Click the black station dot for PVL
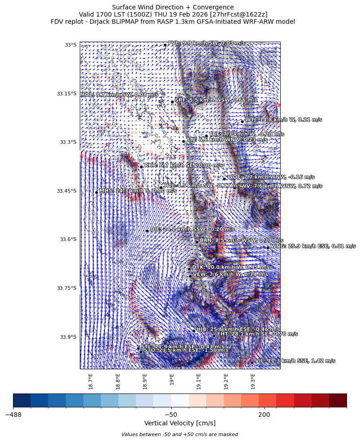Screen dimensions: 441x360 tap(165, 45)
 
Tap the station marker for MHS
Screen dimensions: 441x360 tap(96, 192)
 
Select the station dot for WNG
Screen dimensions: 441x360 tap(268, 247)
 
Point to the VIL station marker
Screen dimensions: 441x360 tap(252, 363)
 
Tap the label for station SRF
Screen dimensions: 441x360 tap(216, 100)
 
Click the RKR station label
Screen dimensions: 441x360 tap(183, 165)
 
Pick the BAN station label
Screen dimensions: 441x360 tap(241, 240)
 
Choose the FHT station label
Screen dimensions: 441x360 tap(257, 334)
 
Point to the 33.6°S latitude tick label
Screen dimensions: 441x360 tap(67, 239)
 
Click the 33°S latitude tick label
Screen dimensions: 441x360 tap(70, 45)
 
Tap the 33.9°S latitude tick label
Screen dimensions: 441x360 tap(67, 337)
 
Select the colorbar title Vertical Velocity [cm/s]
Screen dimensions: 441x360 tap(180, 423)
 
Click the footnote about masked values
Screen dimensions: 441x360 tap(180, 434)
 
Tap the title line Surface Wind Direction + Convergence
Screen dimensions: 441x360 tap(173, 7)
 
